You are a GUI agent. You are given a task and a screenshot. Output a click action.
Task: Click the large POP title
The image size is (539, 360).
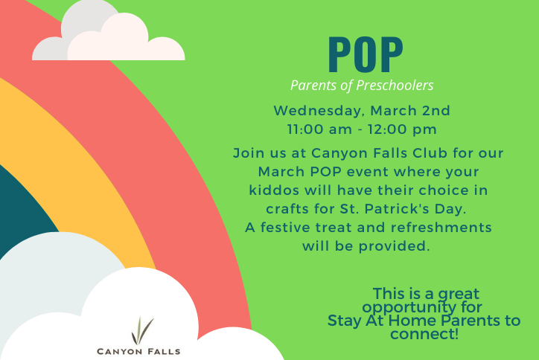(x=366, y=55)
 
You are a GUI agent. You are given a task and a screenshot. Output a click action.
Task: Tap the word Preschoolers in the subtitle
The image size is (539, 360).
(x=395, y=86)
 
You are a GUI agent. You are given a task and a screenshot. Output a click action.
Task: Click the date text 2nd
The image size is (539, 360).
(x=436, y=110)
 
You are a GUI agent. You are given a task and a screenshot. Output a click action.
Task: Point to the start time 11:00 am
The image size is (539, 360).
(x=319, y=129)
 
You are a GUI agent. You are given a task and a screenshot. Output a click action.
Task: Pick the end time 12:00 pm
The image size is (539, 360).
(x=402, y=129)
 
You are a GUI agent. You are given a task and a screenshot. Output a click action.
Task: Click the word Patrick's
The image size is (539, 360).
(x=397, y=208)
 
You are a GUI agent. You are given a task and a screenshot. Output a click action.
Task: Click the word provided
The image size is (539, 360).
(x=395, y=246)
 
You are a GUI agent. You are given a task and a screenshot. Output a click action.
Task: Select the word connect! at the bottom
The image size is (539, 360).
(x=424, y=334)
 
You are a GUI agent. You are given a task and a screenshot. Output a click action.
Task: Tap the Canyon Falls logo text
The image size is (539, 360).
(x=138, y=351)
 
